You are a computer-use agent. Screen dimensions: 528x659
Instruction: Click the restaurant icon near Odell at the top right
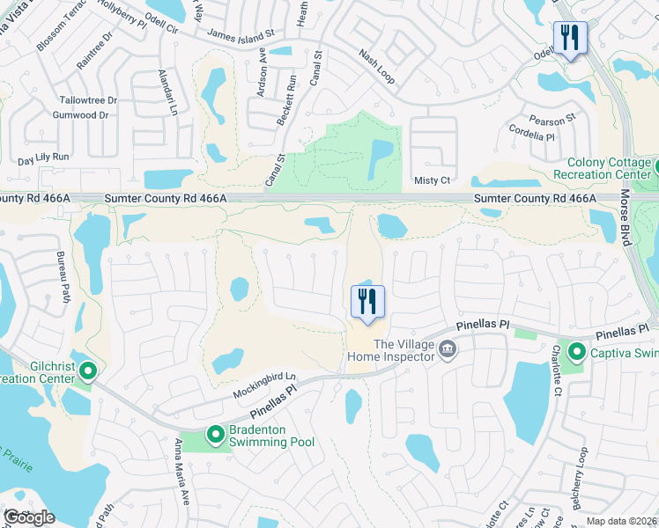[x=570, y=38]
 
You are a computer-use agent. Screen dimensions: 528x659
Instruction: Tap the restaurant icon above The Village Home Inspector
[x=368, y=302]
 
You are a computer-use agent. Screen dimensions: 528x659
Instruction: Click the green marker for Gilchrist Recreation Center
[x=86, y=371]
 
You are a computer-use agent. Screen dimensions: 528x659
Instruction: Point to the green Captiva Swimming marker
[x=577, y=353]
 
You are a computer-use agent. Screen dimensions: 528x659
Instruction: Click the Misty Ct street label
[x=432, y=180]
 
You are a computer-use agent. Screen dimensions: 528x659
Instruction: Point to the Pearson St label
[x=552, y=118]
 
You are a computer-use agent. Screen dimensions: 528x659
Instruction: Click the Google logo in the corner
[x=29, y=517]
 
